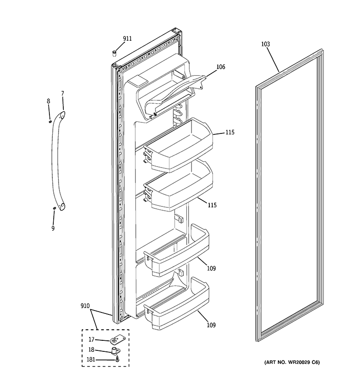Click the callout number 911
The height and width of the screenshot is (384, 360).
pyautogui.click(x=127, y=38)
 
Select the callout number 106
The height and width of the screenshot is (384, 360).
pyautogui.click(x=220, y=67)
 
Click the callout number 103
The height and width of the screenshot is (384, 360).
pyautogui.click(x=265, y=44)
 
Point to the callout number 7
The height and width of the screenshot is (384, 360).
pyautogui.click(x=62, y=93)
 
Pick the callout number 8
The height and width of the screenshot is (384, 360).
pyautogui.click(x=48, y=101)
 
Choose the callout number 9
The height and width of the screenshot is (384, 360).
pyautogui.click(x=53, y=228)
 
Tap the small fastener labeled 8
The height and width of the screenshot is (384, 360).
pyautogui.click(x=50, y=121)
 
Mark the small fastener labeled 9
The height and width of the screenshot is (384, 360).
pyautogui.click(x=54, y=208)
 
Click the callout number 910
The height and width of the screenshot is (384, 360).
pyautogui.click(x=86, y=305)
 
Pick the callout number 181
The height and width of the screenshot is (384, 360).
pyautogui.click(x=91, y=360)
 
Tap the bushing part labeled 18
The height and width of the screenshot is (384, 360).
pyautogui.click(x=115, y=350)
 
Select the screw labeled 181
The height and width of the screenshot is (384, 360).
pyautogui.click(x=117, y=359)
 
